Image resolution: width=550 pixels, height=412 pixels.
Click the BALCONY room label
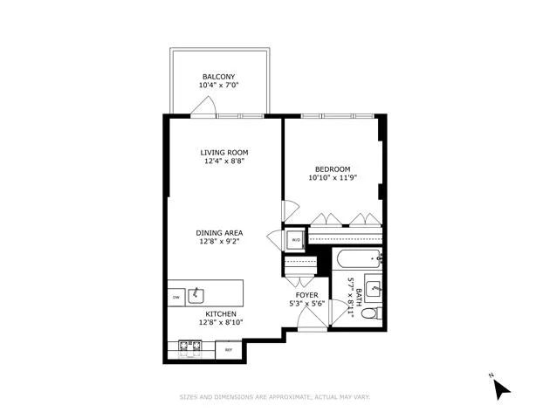coord(220,76)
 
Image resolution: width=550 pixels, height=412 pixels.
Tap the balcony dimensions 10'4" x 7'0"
coord(220,86)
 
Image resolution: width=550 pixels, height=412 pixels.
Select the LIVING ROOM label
coord(225,152)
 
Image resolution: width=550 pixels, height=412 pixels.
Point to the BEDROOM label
coord(333,168)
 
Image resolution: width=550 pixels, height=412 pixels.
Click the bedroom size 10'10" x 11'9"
coord(333,179)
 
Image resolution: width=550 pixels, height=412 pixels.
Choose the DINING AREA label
coord(219,232)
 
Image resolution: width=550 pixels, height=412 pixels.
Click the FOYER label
coord(306,295)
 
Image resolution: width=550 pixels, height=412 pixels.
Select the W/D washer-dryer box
coord(295,239)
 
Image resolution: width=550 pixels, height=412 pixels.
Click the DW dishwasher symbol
coord(176,297)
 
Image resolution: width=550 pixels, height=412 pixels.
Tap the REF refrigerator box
coord(229,349)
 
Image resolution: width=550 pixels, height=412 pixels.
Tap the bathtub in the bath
coord(357,257)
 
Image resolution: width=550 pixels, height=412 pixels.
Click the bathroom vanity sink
coord(374,285)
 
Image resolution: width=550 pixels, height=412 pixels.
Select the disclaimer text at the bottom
coord(275,397)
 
